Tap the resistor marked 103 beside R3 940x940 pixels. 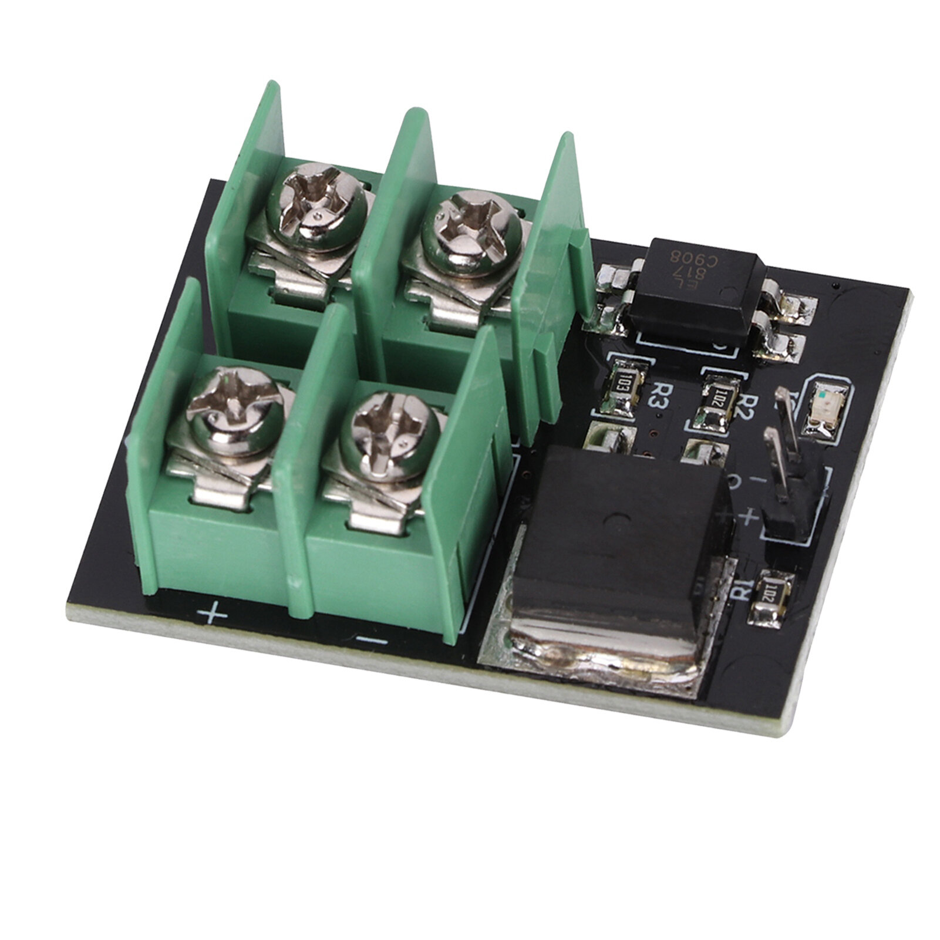[621, 385]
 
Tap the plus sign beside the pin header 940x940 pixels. [749, 517]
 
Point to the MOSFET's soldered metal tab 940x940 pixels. [587, 646]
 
